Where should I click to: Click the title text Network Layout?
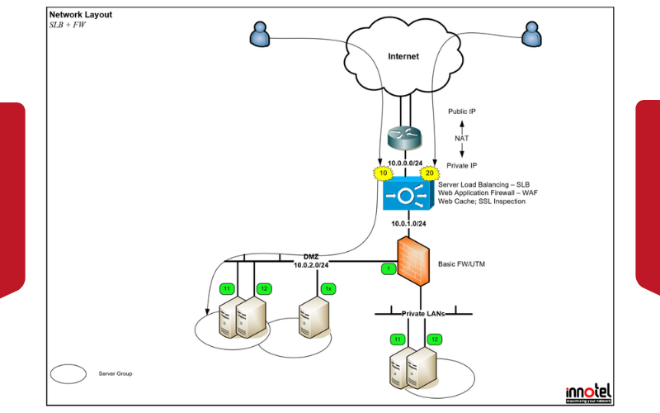[x=81, y=15]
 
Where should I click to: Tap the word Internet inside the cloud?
[x=403, y=57]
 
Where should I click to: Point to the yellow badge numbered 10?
[x=383, y=173]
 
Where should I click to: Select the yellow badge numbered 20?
[x=430, y=173]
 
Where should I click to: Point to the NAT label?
[x=462, y=139]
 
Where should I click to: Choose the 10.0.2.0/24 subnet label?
[x=311, y=265]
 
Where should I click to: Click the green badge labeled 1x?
[x=328, y=288]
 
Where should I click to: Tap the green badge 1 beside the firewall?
[x=387, y=268]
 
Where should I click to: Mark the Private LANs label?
[x=425, y=314]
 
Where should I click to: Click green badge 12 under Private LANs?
[x=436, y=339]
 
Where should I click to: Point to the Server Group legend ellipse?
[x=69, y=373]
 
